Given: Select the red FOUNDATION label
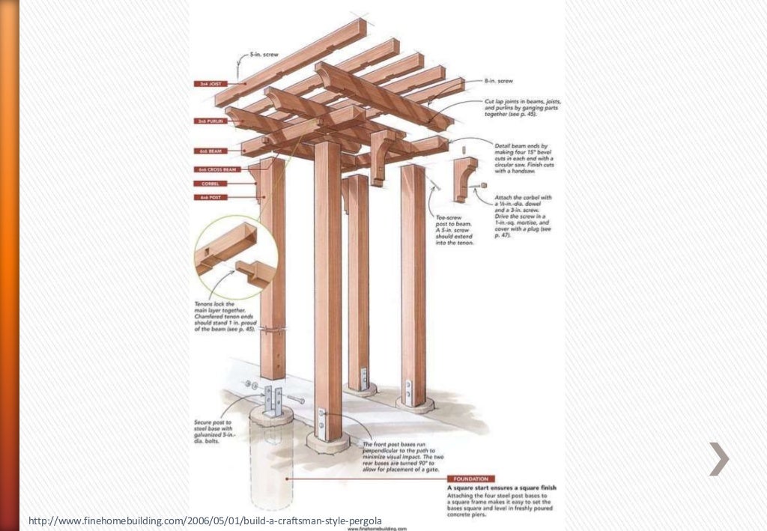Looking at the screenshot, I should pos(470,479).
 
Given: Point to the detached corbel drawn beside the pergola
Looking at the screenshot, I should pos(466,178).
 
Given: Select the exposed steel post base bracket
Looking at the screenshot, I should pos(273,401).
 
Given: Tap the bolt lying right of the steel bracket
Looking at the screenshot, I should pos(296,399).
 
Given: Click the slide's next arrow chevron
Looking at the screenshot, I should pos(718,458).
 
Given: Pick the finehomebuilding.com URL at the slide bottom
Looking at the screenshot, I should pos(205,520).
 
